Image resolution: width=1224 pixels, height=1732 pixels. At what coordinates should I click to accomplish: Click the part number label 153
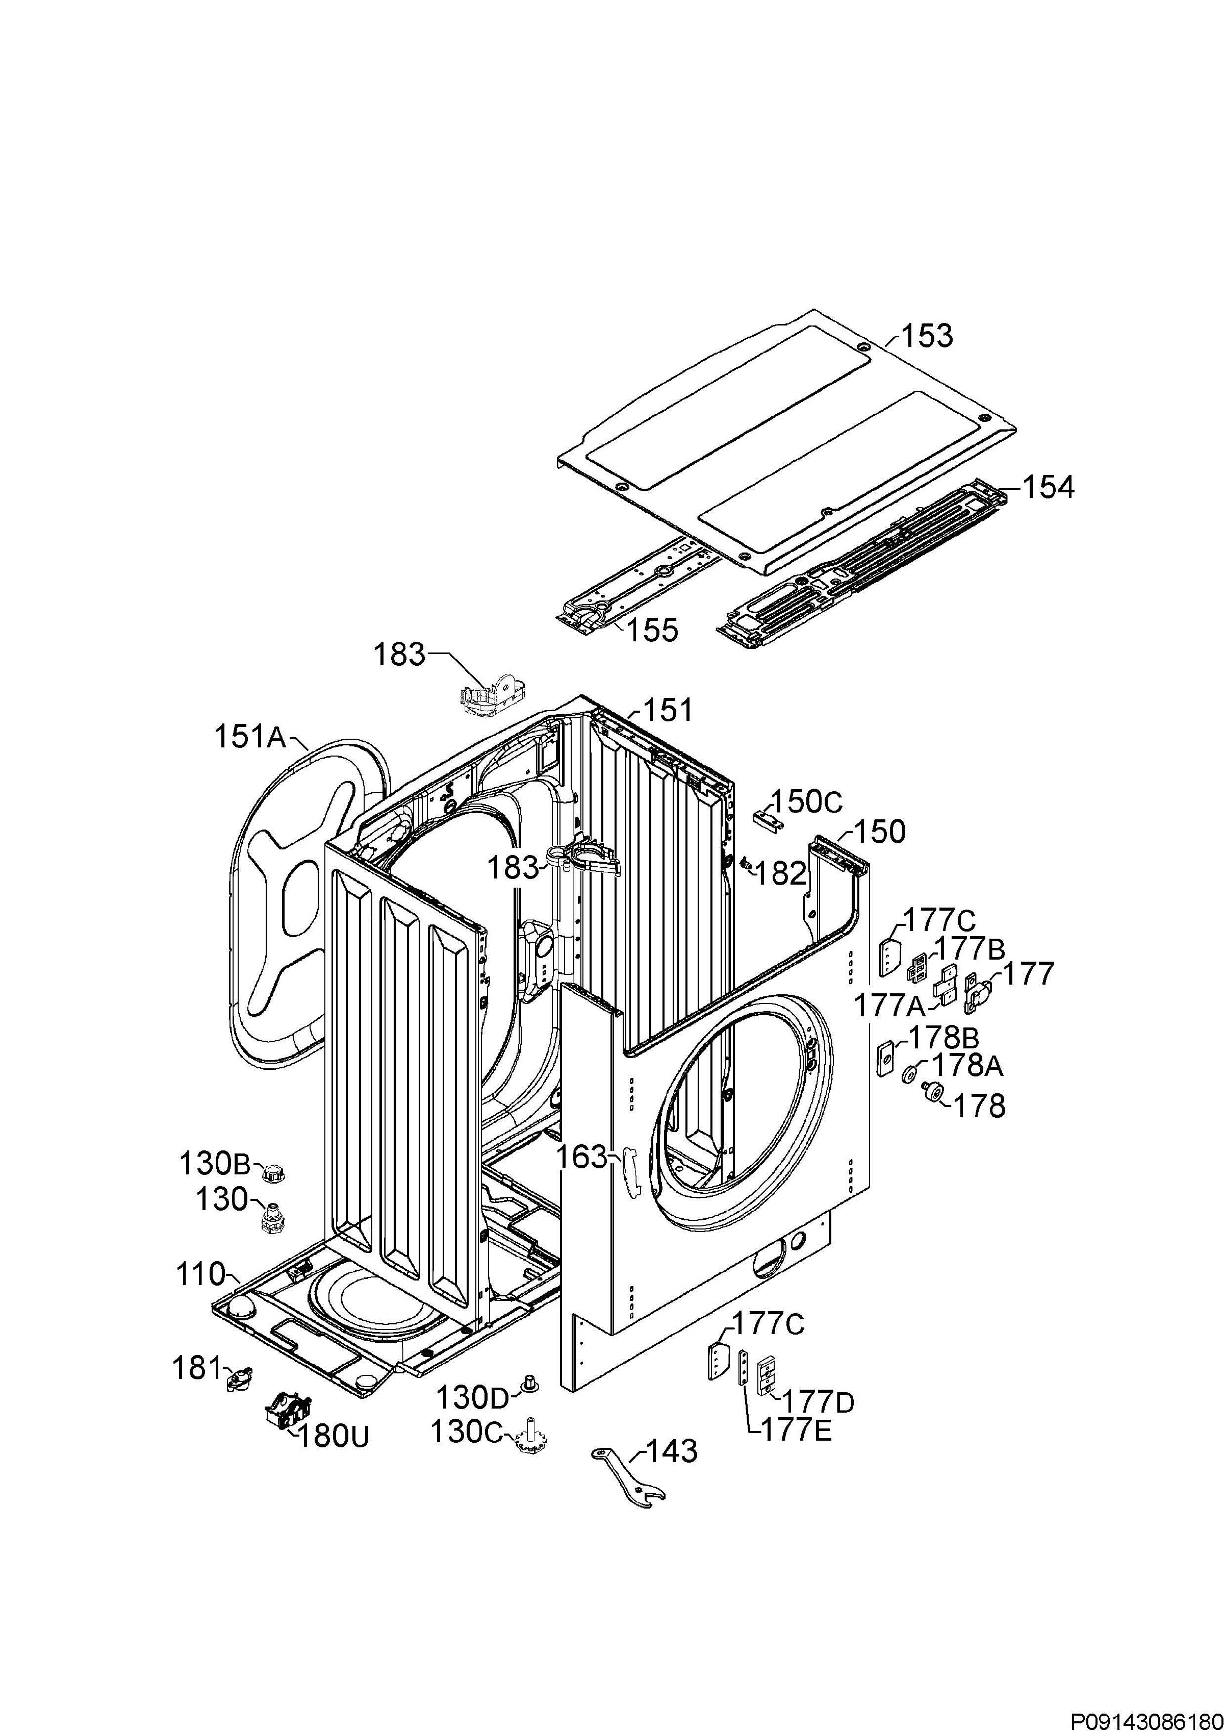(x=926, y=336)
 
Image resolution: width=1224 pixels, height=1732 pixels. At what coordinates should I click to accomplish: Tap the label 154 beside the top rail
(x=1048, y=488)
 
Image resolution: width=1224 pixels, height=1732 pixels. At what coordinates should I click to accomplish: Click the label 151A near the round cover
(x=250, y=736)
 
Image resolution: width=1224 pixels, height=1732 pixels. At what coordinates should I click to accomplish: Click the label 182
(x=780, y=873)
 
